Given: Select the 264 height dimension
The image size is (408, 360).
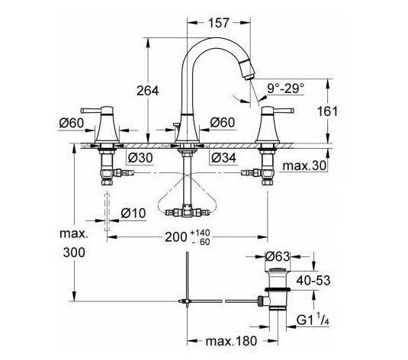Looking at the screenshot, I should click(x=149, y=91).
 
